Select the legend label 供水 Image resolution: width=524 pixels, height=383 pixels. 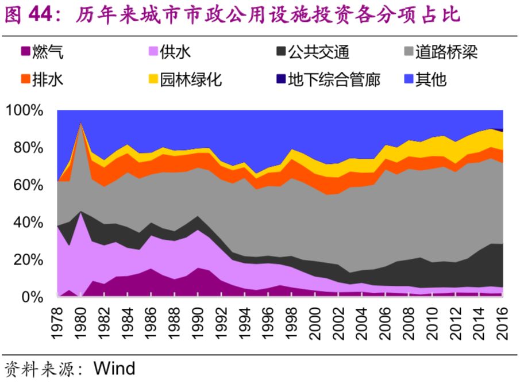click(176, 53)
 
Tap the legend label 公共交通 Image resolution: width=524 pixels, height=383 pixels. click(318, 53)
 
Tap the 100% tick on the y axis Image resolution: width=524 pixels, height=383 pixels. click(26, 110)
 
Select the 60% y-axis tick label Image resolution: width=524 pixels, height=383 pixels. click(28, 185)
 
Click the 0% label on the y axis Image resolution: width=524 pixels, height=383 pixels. click(33, 297)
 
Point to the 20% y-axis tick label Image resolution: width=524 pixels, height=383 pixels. click(28, 260)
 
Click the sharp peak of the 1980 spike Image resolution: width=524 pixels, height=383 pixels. click(81, 123)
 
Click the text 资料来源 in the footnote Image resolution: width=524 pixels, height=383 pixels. click(40, 368)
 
